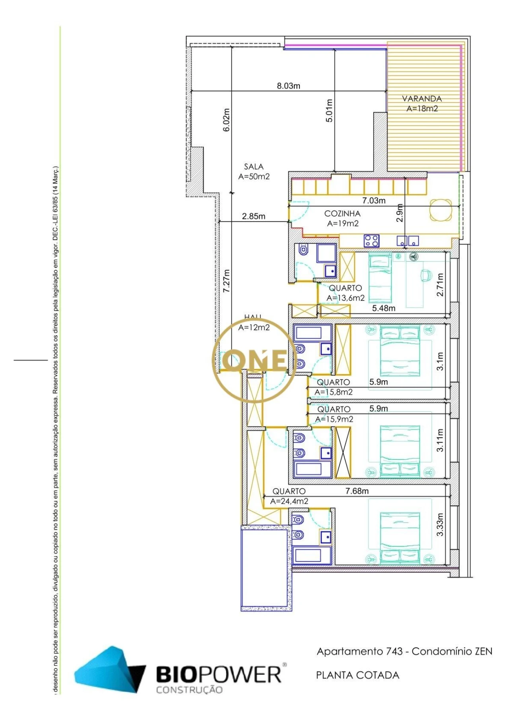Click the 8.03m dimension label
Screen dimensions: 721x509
[x=288, y=86]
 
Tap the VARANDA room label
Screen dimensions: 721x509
[x=422, y=98]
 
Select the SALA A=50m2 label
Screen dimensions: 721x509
[x=254, y=172]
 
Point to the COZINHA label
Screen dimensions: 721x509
[x=342, y=213]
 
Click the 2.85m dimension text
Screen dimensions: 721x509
[x=253, y=217]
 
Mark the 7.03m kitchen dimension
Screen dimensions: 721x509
[x=373, y=201]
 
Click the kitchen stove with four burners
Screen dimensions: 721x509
[x=371, y=240]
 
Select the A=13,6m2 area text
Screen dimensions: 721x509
[x=346, y=298]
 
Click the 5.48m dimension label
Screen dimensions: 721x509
[x=383, y=308]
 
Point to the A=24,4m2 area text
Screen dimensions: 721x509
[x=289, y=502]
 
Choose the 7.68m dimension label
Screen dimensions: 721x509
[x=357, y=491]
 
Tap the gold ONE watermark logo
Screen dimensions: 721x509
[x=254, y=361]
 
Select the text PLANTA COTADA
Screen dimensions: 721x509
[x=357, y=675]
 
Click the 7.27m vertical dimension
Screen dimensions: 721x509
[x=226, y=281]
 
